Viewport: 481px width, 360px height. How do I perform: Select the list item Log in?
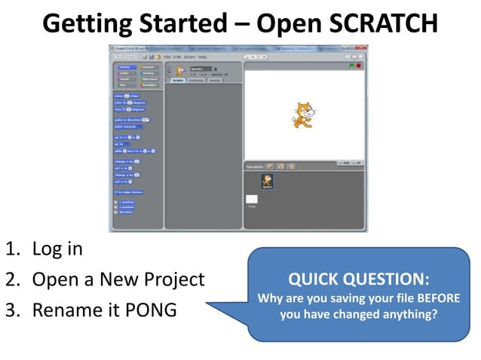click(57, 249)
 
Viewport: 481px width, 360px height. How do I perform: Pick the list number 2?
click(13, 279)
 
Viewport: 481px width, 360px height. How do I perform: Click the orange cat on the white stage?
click(303, 114)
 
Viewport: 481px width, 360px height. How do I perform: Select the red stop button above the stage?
click(359, 66)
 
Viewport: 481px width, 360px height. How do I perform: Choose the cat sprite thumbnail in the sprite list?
click(267, 182)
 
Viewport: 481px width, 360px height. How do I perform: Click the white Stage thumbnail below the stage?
click(252, 200)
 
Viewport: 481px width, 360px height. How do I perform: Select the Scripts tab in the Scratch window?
click(179, 80)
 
